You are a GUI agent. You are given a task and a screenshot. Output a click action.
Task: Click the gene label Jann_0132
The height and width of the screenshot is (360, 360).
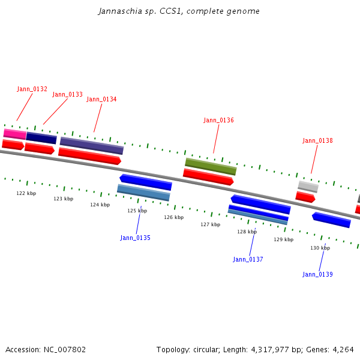coord(32,89)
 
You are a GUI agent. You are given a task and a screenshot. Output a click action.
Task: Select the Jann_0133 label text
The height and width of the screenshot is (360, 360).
coord(67,95)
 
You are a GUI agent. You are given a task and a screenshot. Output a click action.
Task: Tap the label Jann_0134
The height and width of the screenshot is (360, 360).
coord(101,100)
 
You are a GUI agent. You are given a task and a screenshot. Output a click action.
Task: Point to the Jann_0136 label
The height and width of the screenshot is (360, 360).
coord(218,121)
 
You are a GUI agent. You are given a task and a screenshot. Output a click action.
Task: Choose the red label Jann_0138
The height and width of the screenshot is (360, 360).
coord(317,141)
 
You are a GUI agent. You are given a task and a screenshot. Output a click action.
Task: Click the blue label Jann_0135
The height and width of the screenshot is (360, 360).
coord(135,238)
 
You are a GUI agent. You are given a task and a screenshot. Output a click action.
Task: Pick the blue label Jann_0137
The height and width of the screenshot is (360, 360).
coord(248,260)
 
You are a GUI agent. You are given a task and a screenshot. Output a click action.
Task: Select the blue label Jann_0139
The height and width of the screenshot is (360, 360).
coord(317,275)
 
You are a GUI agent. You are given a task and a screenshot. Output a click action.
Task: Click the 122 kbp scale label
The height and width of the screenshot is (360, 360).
coord(26,194)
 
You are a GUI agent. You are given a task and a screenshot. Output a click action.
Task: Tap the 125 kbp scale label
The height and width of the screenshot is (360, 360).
coord(137,211)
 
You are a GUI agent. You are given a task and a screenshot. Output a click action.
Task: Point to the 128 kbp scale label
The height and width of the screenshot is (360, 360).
coord(247,232)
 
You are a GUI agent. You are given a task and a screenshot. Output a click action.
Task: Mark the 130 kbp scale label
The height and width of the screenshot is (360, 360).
coord(320,248)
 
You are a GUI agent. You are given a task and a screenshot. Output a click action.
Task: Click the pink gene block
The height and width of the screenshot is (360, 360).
coord(14,134)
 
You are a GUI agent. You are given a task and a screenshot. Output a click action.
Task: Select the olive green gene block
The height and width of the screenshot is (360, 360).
coord(210,166)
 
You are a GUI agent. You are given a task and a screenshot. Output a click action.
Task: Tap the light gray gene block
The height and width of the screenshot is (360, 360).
coord(308,187)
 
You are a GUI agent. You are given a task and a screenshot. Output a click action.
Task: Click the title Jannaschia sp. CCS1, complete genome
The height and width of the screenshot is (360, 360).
coord(179,11)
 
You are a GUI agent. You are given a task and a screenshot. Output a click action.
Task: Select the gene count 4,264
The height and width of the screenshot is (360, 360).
coord(343,349)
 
